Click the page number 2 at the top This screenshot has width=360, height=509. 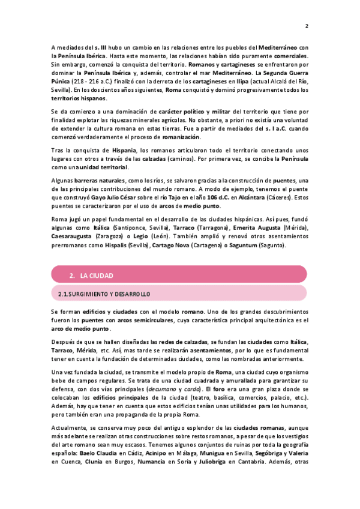tap(307, 26)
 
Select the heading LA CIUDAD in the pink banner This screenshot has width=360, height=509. tap(97, 276)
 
